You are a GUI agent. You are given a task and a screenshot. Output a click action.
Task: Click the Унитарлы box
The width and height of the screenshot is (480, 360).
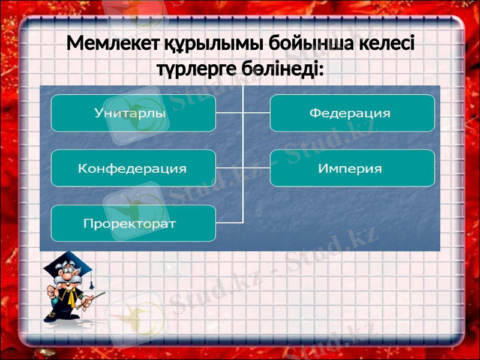pyautogui.click(x=133, y=113)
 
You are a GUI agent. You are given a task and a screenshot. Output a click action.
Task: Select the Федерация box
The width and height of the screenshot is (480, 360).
pyautogui.click(x=352, y=113)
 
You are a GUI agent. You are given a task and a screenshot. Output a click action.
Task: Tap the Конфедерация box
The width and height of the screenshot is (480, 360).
pyautogui.click(x=133, y=168)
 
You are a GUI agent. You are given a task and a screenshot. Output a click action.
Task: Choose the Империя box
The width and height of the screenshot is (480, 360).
pyautogui.click(x=352, y=168)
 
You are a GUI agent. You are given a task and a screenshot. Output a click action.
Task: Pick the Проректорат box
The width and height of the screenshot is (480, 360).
pyautogui.click(x=133, y=223)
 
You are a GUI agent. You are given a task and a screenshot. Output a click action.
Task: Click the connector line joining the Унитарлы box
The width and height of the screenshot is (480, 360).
pyautogui.click(x=229, y=113)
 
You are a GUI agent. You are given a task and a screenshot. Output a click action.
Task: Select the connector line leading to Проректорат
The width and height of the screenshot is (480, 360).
pyautogui.click(x=229, y=223)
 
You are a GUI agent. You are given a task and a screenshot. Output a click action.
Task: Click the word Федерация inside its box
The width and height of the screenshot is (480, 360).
pyautogui.click(x=350, y=113)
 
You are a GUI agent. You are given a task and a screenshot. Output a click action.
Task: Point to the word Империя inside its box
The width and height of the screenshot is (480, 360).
pyautogui.click(x=350, y=168)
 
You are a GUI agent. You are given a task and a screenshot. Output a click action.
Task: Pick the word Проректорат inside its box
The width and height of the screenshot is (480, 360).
pyautogui.click(x=130, y=224)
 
